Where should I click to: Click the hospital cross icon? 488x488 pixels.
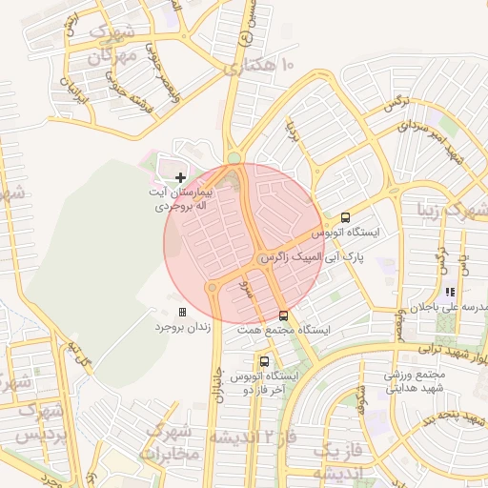click(181, 177)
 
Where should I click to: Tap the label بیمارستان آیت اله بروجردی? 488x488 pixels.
click(181, 198)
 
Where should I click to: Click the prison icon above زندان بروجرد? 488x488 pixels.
click(182, 312)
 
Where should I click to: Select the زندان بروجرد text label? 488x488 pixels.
click(181, 327)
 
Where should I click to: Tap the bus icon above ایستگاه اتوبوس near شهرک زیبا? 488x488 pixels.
click(345, 217)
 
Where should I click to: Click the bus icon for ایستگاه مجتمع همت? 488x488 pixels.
click(283, 315)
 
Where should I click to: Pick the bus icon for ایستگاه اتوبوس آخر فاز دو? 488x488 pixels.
click(264, 362)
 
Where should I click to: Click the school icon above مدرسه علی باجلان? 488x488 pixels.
click(449, 293)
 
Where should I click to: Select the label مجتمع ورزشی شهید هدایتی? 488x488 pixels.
click(420, 381)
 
